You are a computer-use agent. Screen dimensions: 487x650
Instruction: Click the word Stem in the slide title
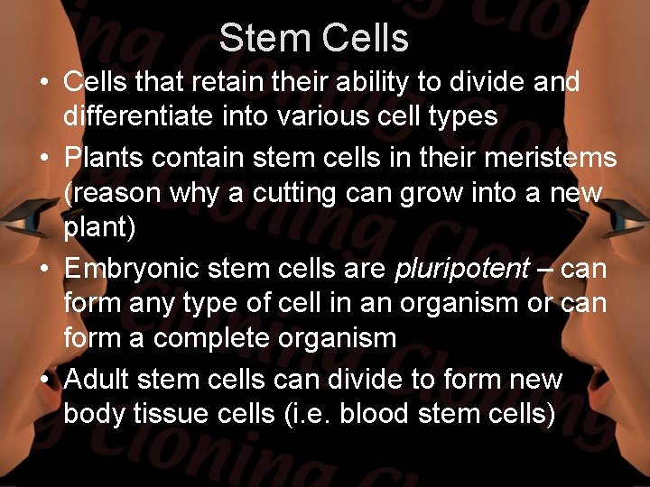pyautogui.click(x=262, y=39)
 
